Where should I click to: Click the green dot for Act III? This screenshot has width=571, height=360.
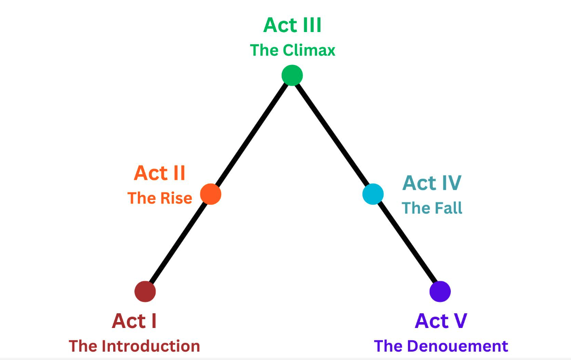292,75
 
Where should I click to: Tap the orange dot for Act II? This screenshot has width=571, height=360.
211,194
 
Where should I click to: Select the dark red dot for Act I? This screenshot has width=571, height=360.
145,291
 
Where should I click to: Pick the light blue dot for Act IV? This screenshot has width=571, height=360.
373,194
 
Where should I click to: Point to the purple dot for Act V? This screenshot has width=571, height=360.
440,291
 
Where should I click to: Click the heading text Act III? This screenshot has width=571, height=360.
292,25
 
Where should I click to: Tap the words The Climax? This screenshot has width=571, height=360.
292,50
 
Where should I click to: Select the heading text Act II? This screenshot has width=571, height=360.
159,173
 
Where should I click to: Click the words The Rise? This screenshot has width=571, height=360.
159,198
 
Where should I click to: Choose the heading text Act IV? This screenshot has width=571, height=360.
432,183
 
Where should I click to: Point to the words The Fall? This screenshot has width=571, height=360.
432,208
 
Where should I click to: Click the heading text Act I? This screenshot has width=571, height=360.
134,321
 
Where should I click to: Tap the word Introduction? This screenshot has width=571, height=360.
151,346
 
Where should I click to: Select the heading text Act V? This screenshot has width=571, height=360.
441,321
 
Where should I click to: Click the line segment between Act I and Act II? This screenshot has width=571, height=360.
178,243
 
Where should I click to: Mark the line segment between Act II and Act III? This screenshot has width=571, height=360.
251,135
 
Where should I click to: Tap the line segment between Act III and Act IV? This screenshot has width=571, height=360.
332,134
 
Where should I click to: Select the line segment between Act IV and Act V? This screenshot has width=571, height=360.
407,243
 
